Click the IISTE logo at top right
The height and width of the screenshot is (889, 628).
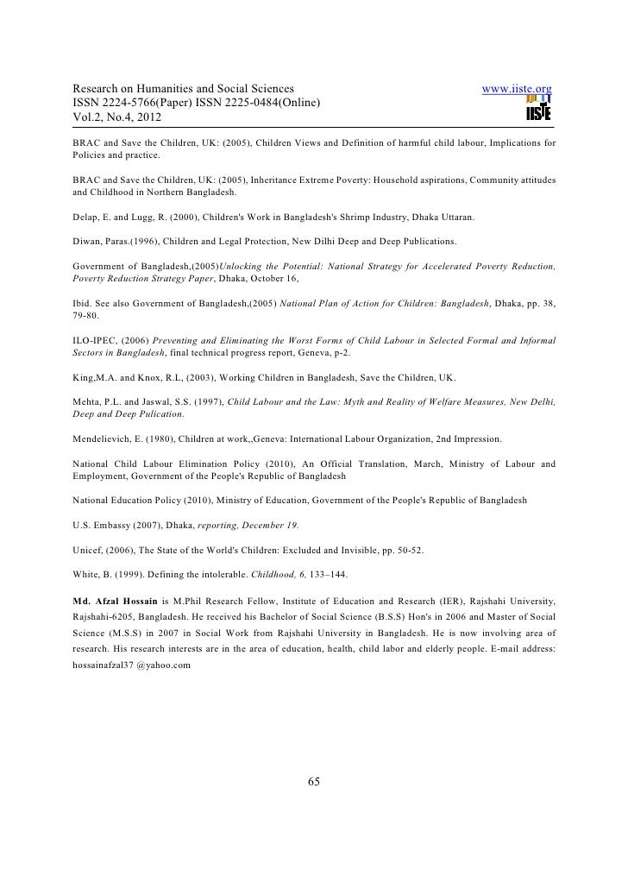click(x=537, y=108)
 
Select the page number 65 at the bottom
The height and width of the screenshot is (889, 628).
click(x=314, y=782)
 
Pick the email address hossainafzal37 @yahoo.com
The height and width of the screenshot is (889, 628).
click(x=131, y=665)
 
